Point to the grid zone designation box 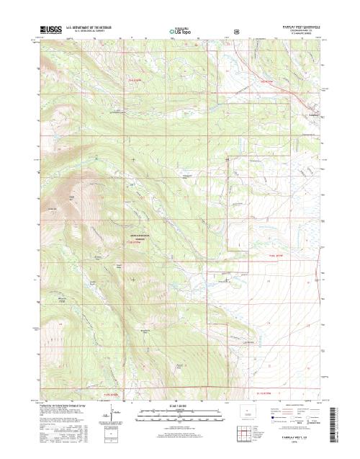coord(109,439)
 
